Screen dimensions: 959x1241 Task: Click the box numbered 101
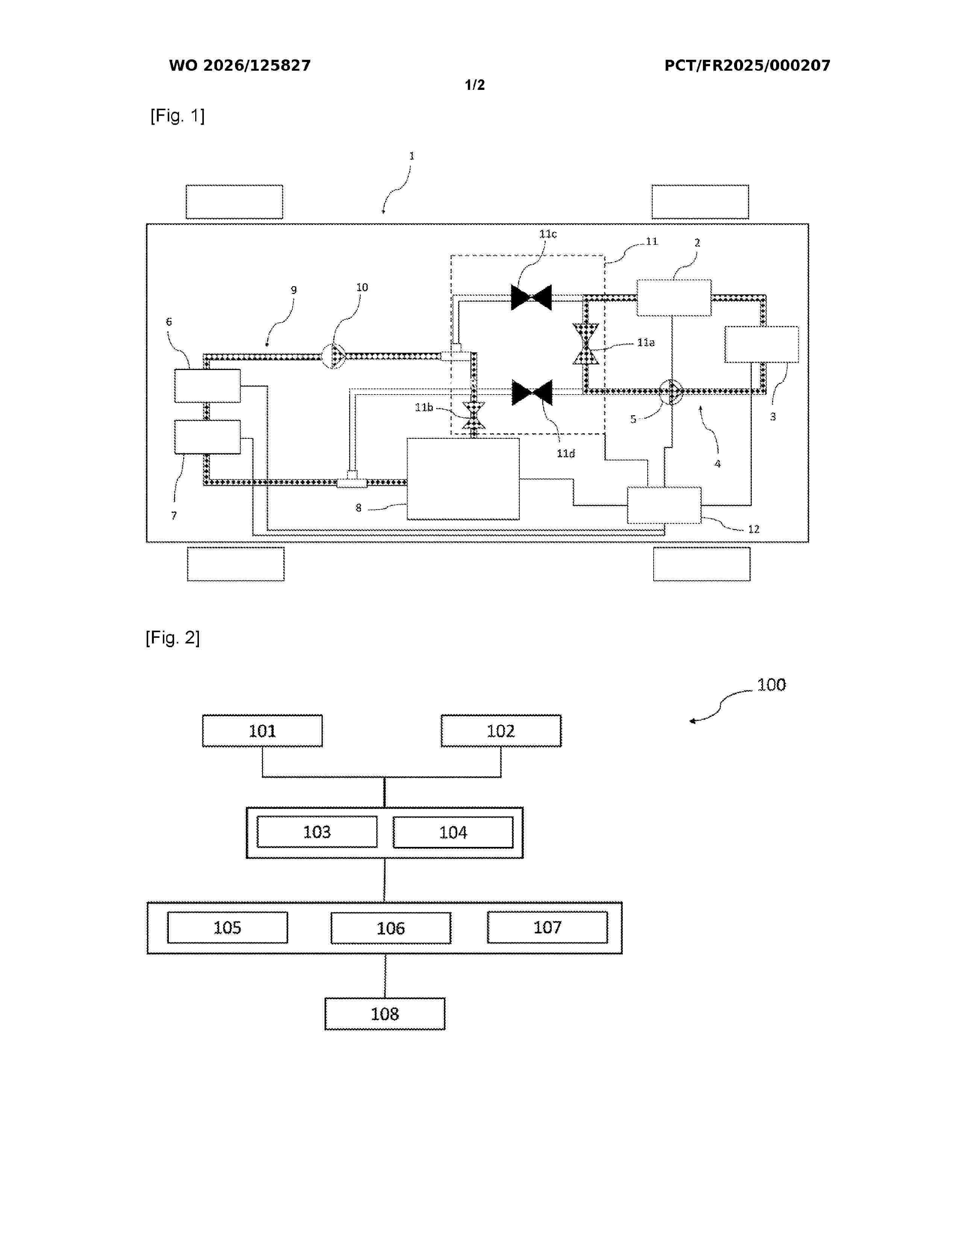coord(263,731)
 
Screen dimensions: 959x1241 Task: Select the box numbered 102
coord(501,731)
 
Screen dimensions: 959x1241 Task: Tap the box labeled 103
coord(317,832)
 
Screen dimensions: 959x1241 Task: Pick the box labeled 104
coord(453,832)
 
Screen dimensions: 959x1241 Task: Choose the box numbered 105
coord(227,927)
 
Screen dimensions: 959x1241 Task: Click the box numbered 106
coord(391,928)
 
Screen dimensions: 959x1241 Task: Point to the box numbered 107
coord(547,927)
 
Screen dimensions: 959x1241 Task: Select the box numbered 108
coord(385,1014)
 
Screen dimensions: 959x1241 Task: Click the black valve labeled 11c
coord(531,297)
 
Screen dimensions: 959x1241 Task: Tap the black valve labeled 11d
coord(532,393)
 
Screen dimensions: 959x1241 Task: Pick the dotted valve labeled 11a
coord(586,344)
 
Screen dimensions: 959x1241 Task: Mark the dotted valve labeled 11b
coord(474,416)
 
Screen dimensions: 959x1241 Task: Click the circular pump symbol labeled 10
coord(334,356)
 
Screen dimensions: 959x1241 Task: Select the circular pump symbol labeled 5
coord(672,391)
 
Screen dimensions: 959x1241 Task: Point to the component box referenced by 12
coord(664,505)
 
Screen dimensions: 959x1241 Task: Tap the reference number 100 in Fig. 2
coord(771,685)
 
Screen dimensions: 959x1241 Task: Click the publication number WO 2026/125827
coord(240,65)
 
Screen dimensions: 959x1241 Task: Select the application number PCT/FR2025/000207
coord(748,65)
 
